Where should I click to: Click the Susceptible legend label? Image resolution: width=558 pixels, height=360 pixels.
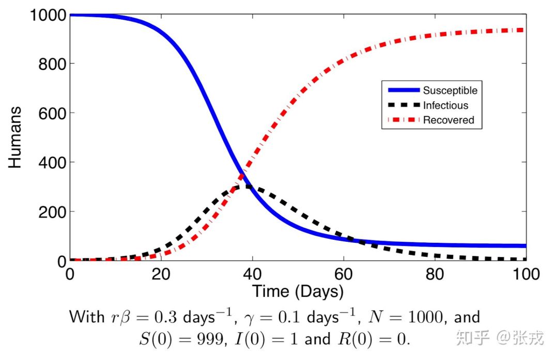[x=450, y=90]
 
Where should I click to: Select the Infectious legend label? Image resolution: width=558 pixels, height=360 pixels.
[x=445, y=105]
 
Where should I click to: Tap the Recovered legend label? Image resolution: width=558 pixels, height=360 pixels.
[x=448, y=120]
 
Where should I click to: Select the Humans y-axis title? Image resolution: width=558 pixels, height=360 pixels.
[x=15, y=137]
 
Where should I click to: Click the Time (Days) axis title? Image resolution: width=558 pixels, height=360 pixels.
[x=298, y=291]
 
